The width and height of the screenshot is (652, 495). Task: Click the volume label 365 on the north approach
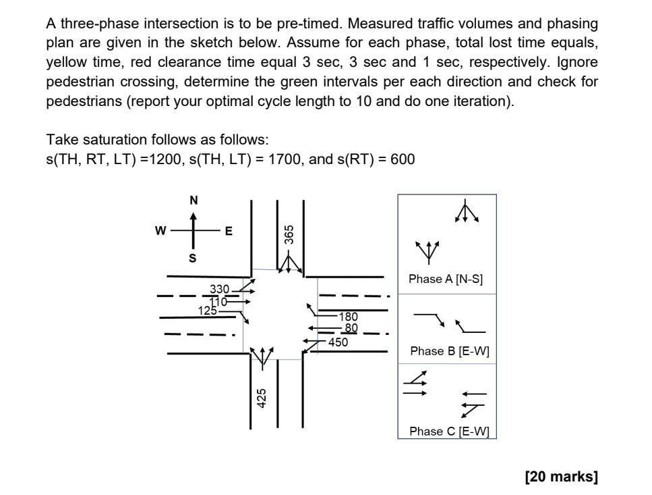[x=289, y=234]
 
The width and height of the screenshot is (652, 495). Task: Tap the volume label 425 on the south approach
[x=262, y=398]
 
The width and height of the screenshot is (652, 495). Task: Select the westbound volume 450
[x=338, y=342]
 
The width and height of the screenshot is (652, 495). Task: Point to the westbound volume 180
[x=348, y=316]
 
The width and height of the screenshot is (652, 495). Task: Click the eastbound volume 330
[x=220, y=290]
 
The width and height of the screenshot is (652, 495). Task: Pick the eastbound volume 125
[x=208, y=311]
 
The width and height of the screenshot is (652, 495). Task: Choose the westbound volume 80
[x=351, y=328]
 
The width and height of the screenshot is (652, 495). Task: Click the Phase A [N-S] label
[x=446, y=279]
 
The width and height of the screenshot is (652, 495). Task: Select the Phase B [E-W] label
[x=450, y=351]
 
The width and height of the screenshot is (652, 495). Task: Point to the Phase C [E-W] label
[x=449, y=432]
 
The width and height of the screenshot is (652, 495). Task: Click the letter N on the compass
[x=194, y=201]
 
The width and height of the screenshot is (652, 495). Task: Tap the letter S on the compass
[x=193, y=258]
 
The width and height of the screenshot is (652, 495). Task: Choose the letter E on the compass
[x=229, y=231]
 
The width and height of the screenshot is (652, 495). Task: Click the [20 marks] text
[x=561, y=477]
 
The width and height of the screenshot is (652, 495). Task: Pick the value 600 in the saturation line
[x=402, y=159]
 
